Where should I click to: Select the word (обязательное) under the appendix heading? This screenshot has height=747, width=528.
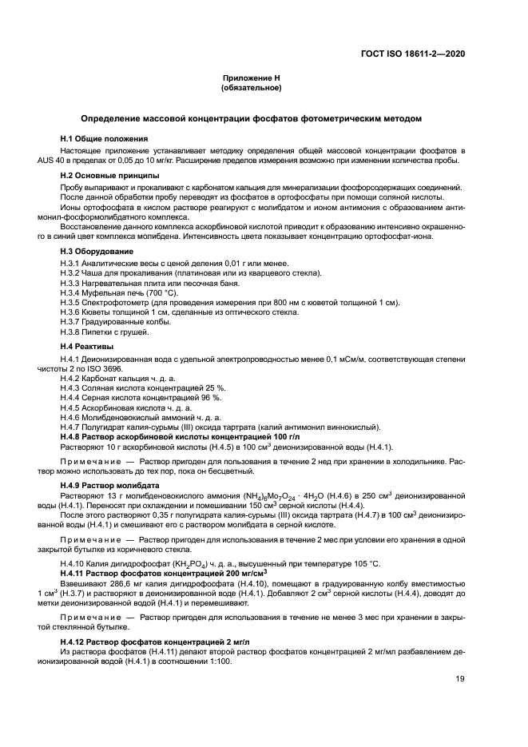point(252,87)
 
